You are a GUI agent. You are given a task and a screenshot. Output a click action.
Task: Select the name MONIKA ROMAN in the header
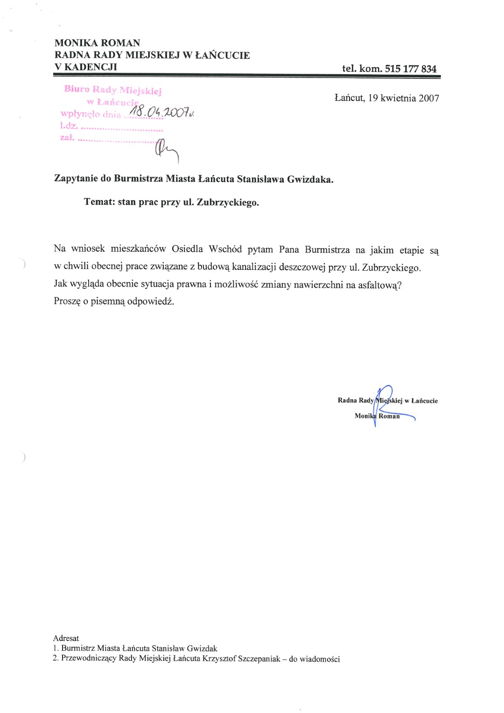click(x=97, y=43)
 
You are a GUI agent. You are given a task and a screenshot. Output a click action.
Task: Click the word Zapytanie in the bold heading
click(x=76, y=179)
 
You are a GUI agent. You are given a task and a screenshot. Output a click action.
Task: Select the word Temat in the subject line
click(x=98, y=202)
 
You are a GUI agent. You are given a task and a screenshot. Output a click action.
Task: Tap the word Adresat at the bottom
click(x=66, y=638)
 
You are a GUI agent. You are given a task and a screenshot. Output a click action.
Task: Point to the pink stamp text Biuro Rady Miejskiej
click(x=112, y=90)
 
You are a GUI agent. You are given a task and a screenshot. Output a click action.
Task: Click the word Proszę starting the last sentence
click(x=67, y=301)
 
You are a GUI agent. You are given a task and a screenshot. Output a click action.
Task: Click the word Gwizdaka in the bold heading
click(x=310, y=179)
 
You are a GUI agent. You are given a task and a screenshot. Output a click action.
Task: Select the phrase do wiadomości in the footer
click(x=314, y=659)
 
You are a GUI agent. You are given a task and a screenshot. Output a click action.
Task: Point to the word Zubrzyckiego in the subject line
click(x=228, y=203)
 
